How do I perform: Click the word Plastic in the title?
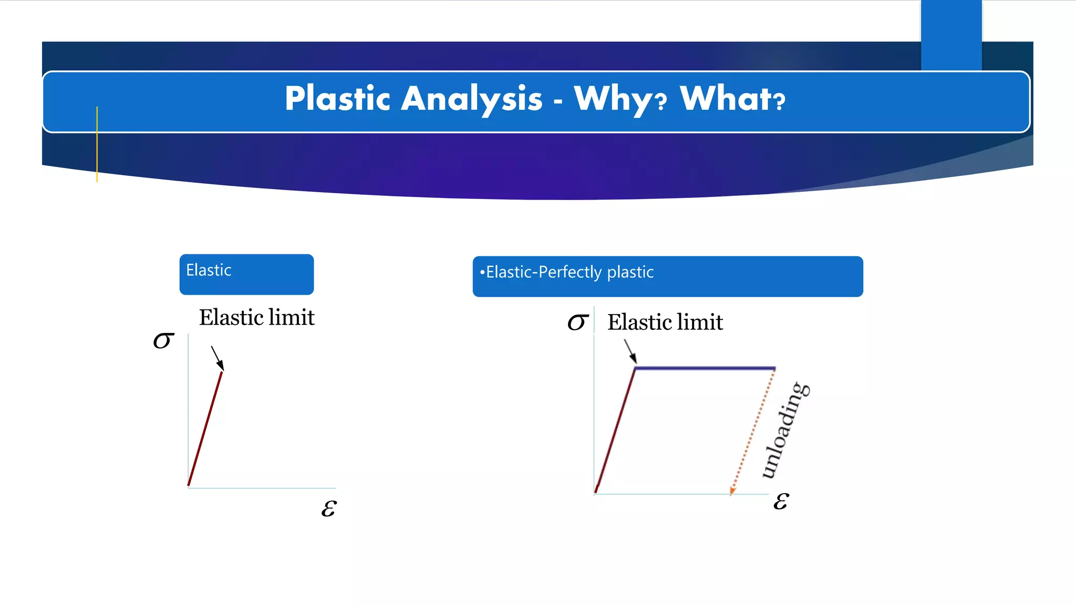[x=337, y=99]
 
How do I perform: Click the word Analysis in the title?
[x=471, y=99]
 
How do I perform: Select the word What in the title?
[x=726, y=99]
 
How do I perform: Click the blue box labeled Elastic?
[x=246, y=275]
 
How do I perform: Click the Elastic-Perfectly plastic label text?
[x=570, y=272]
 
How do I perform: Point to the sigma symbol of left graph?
[x=163, y=340]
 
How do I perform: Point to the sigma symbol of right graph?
[x=578, y=322]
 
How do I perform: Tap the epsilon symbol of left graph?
[x=329, y=508]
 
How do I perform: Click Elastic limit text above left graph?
[x=256, y=318]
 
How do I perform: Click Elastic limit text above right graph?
[x=665, y=322]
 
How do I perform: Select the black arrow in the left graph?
[x=217, y=358]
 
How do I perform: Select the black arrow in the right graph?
[x=630, y=351]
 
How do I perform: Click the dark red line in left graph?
[x=205, y=428]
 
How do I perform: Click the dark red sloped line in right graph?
[x=615, y=431]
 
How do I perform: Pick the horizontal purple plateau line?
[x=704, y=369]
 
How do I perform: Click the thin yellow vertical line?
[x=97, y=144]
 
